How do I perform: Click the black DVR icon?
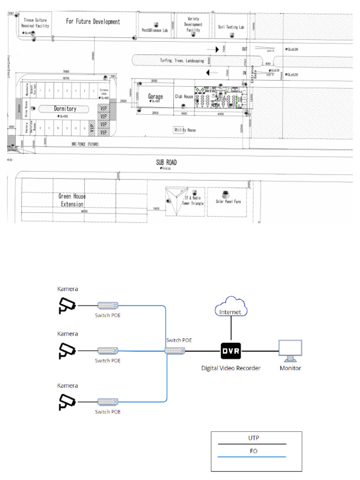point(231,350)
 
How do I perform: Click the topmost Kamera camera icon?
point(66,305)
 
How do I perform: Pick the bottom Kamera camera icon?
point(66,401)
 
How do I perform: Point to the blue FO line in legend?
point(256,456)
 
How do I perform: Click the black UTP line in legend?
point(256,443)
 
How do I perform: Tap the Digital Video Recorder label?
point(231,368)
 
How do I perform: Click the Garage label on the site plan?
point(156,97)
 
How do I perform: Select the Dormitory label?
point(65,109)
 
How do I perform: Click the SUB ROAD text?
point(166,162)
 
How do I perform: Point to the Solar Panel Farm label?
point(228,201)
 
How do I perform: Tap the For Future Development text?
point(93,22)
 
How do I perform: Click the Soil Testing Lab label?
point(231,27)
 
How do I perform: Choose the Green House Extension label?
point(72,200)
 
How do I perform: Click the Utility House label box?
point(185,130)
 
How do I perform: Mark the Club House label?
point(184,97)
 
